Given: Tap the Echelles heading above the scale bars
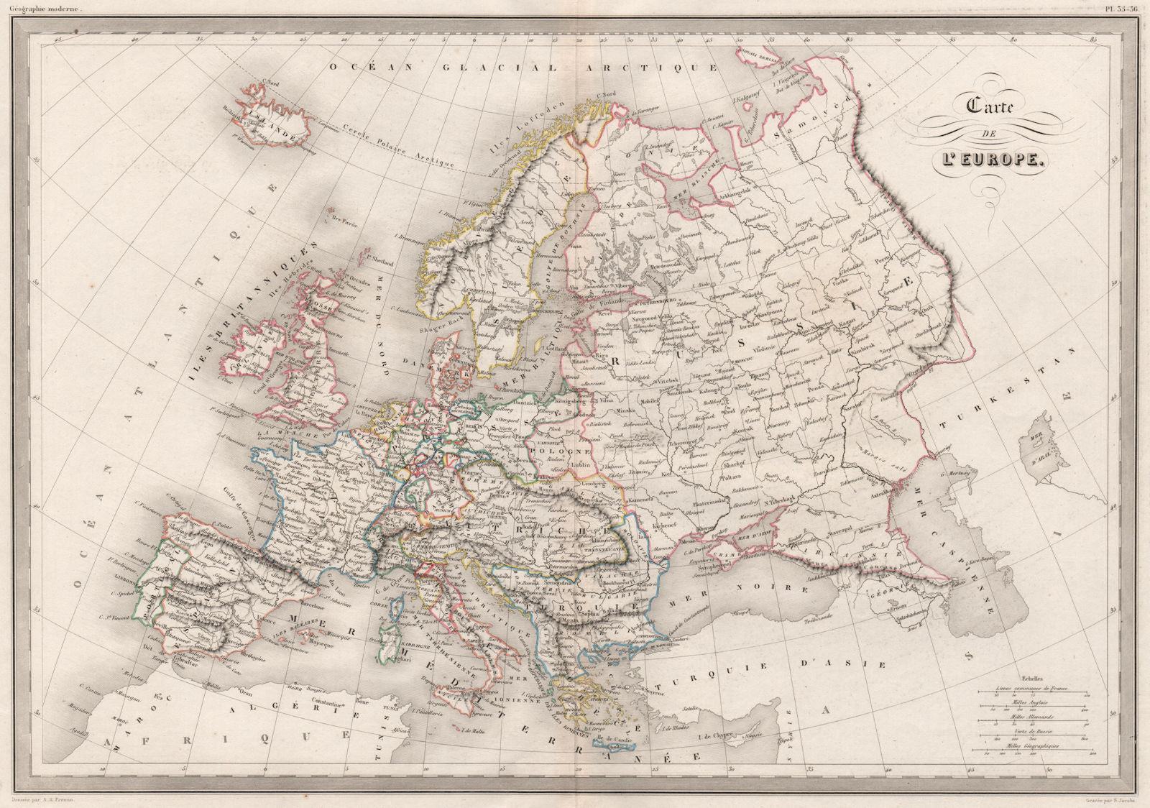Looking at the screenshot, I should click(1031, 679).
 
